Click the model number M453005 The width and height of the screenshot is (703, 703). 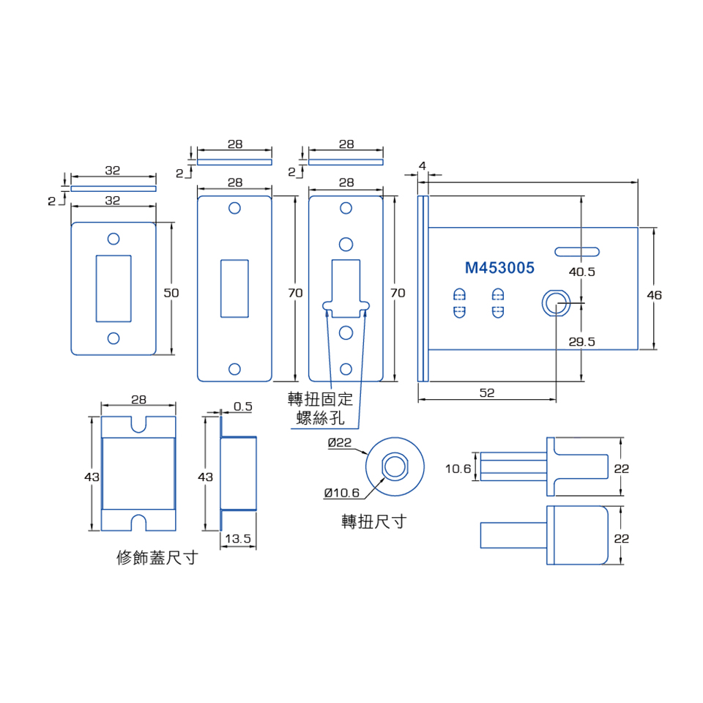499,268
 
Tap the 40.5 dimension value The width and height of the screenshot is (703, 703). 582,272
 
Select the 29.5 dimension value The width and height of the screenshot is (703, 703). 582,341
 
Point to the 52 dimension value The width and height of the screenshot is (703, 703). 487,393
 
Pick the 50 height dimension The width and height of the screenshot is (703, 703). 171,292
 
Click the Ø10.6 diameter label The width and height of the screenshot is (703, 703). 342,492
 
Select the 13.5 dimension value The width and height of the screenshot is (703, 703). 238,539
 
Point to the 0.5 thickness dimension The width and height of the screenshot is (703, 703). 243,406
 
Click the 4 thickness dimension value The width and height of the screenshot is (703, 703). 423,165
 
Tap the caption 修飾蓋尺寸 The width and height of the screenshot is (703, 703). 157,558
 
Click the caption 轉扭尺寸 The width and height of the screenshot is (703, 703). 373,521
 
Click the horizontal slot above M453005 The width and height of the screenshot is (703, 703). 577,252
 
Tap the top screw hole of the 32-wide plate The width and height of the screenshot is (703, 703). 114,239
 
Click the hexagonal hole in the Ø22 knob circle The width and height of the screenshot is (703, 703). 395,466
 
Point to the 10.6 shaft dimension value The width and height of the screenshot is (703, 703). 458,468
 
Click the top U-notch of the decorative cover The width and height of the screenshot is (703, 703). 138,423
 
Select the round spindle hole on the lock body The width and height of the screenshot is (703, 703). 556,302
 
